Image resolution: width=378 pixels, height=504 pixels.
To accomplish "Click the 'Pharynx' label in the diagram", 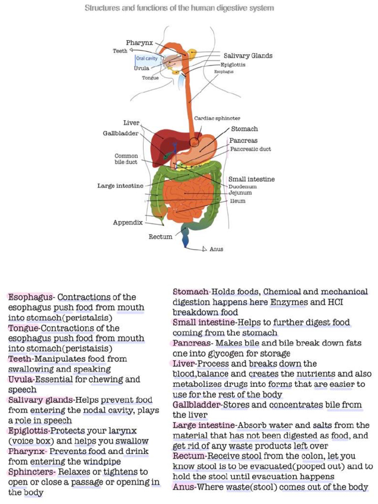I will pos(140,43).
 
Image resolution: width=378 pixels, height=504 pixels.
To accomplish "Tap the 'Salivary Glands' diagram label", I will pos(248,56).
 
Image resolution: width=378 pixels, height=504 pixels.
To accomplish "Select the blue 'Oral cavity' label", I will pos(147,58).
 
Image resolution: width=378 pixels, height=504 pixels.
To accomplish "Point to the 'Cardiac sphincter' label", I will pos(217,119).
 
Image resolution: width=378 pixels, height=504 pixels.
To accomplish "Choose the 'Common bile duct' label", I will pos(126,159).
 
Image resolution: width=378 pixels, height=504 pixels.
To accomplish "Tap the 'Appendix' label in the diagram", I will pos(127,222).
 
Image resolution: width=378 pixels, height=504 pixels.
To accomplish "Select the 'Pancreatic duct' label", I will pos(251,149).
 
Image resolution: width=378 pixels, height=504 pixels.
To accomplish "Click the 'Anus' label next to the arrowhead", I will pos(216,249).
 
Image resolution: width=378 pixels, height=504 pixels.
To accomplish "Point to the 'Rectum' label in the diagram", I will pos(160,237).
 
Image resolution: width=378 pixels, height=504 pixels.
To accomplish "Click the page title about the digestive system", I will pos(179,8).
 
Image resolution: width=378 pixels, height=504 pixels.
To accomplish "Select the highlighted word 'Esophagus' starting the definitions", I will pos(31,297).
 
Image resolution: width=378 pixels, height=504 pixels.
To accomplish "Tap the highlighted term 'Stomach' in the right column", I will pos(191,292).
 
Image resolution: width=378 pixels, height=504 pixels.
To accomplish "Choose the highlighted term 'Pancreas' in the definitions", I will pos(191,343).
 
